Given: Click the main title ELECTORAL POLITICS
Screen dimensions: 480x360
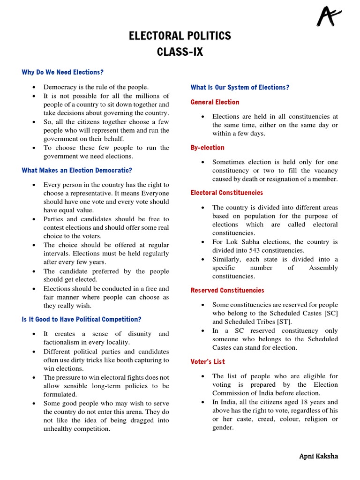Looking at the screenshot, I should pos(180,36).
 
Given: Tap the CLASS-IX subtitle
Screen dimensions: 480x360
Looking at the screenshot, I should pos(180,52).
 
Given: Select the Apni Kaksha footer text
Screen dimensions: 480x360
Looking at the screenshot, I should pos(319,456).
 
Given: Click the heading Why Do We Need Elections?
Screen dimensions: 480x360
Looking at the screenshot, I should pos(62,72).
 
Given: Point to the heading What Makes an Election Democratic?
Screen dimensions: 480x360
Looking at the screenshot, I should pos(77,170).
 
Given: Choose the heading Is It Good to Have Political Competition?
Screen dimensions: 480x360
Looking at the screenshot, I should pos(82,319).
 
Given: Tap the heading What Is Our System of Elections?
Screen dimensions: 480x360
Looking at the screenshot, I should pos(240,87).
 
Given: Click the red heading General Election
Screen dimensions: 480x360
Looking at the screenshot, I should pos(215,102).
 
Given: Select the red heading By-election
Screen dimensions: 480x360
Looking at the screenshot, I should pos(207,147).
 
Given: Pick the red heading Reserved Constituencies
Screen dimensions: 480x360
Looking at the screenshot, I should pos(227,290).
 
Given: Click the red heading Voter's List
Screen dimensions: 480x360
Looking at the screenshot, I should pos(208,361).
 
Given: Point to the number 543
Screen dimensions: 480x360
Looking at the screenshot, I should pos(254,250).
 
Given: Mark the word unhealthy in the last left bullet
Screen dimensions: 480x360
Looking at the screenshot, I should pos(60,428).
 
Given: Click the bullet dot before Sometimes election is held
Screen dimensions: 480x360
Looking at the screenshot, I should pos(202,162).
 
